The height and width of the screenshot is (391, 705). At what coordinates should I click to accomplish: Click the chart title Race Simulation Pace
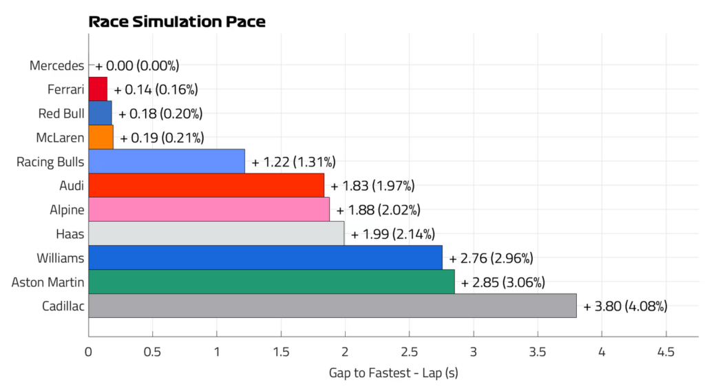click(x=177, y=21)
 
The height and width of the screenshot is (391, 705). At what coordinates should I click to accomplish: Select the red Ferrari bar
click(x=98, y=89)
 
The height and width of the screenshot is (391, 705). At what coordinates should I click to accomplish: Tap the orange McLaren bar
click(x=101, y=137)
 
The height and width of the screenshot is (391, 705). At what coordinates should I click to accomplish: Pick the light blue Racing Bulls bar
click(x=167, y=161)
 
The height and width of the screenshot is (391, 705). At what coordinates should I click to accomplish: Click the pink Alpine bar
click(x=209, y=209)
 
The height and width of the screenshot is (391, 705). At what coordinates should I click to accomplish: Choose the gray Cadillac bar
click(x=333, y=306)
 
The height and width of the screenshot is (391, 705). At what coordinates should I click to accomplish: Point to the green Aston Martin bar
click(x=271, y=282)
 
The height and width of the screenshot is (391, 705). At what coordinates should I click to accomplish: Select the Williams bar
click(x=265, y=257)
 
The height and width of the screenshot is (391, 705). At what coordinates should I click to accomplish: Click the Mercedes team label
click(x=56, y=65)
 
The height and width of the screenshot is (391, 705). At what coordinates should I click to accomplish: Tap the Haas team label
click(x=70, y=233)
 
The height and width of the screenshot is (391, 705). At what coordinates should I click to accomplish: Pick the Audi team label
click(x=72, y=186)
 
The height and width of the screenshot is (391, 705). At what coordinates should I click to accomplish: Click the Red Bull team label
click(x=61, y=114)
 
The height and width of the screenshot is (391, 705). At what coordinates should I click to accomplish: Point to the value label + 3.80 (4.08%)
click(x=625, y=306)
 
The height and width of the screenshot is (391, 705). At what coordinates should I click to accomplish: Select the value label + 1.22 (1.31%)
click(x=293, y=162)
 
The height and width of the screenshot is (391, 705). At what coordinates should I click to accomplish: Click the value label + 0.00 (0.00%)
click(x=137, y=65)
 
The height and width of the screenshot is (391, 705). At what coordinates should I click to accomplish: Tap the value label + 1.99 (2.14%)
click(x=393, y=234)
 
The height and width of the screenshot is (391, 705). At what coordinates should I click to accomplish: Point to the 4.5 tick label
click(x=666, y=352)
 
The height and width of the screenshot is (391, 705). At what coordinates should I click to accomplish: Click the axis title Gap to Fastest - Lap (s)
click(x=393, y=372)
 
